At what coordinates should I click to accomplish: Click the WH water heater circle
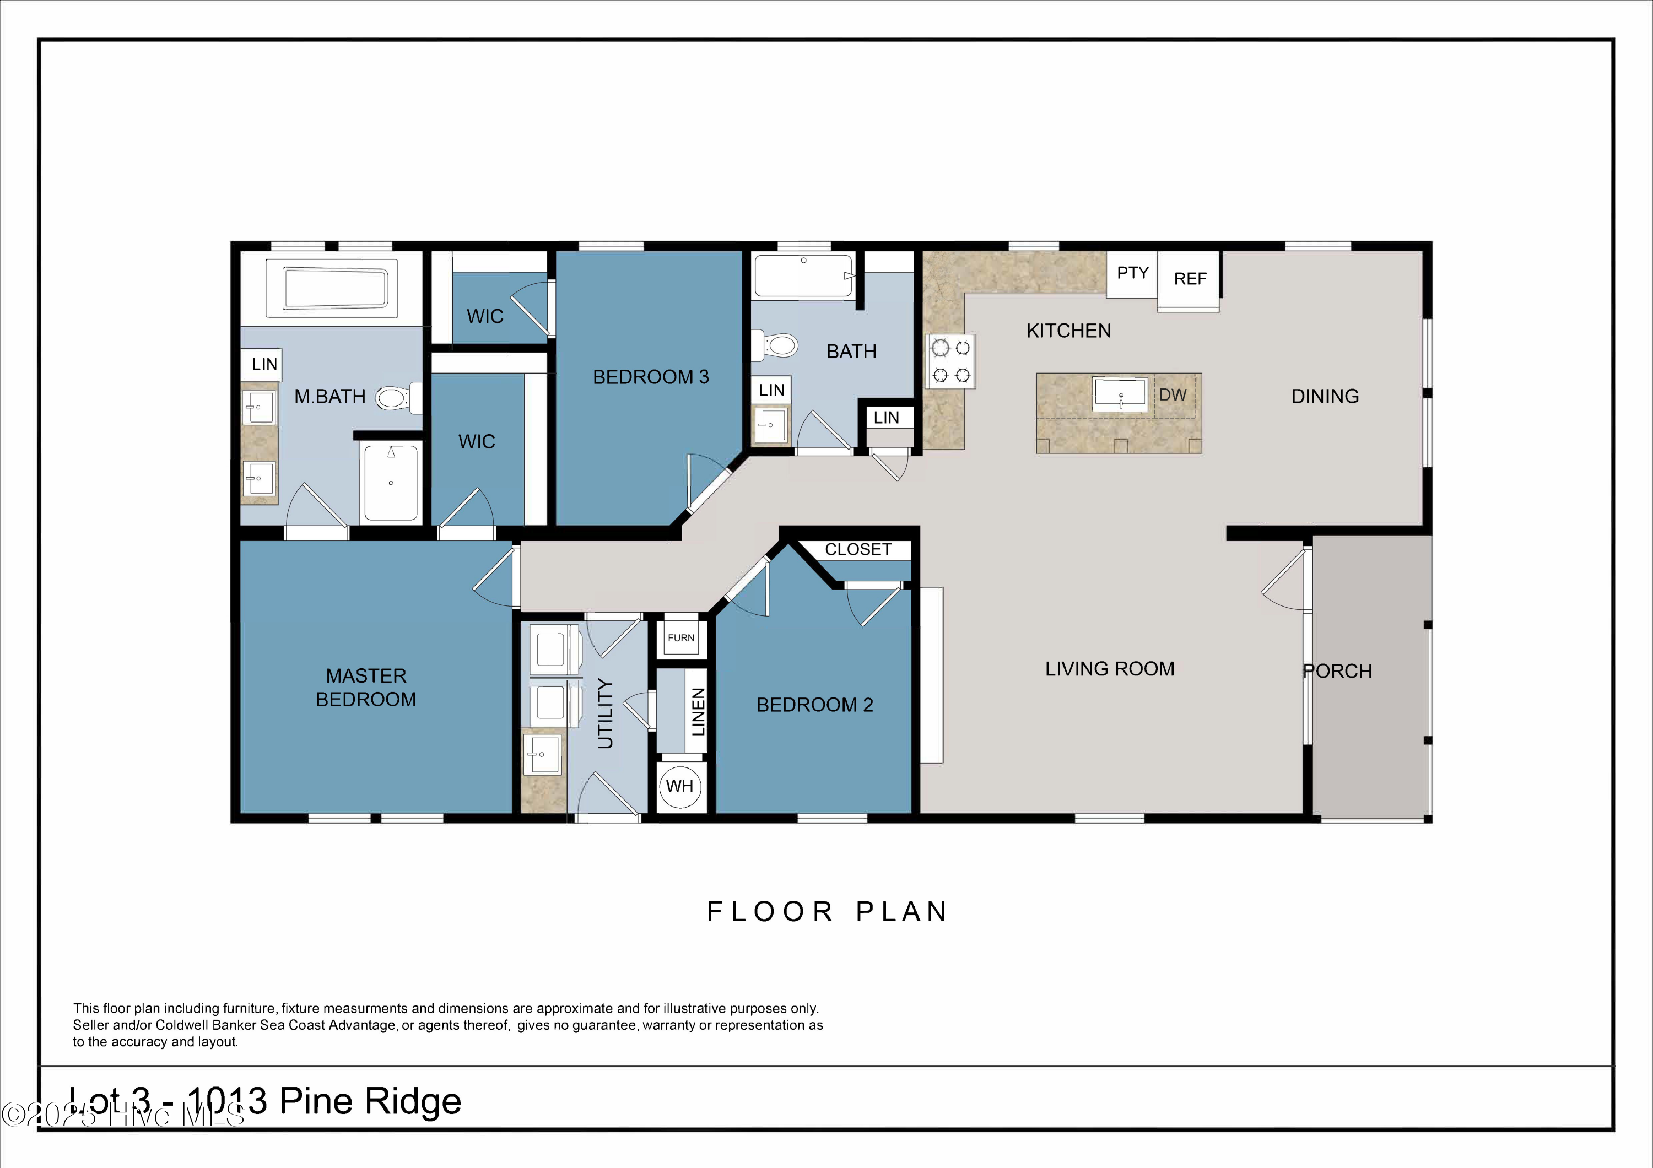point(679,786)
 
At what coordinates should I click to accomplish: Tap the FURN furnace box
point(681,637)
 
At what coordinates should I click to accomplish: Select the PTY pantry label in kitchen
point(1132,273)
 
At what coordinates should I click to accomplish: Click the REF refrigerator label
point(1190,279)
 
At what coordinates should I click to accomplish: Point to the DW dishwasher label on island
point(1172,394)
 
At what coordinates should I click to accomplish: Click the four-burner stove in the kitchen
point(951,361)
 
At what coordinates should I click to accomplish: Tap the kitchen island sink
point(1120,394)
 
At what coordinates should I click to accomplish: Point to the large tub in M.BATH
point(335,288)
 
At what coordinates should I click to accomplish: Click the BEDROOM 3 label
point(650,376)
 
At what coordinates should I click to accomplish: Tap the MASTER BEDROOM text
point(366,687)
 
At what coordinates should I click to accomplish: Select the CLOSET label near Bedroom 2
point(857,550)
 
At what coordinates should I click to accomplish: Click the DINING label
point(1325,396)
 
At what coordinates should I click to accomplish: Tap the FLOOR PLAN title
point(827,911)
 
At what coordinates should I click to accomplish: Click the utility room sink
point(542,754)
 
